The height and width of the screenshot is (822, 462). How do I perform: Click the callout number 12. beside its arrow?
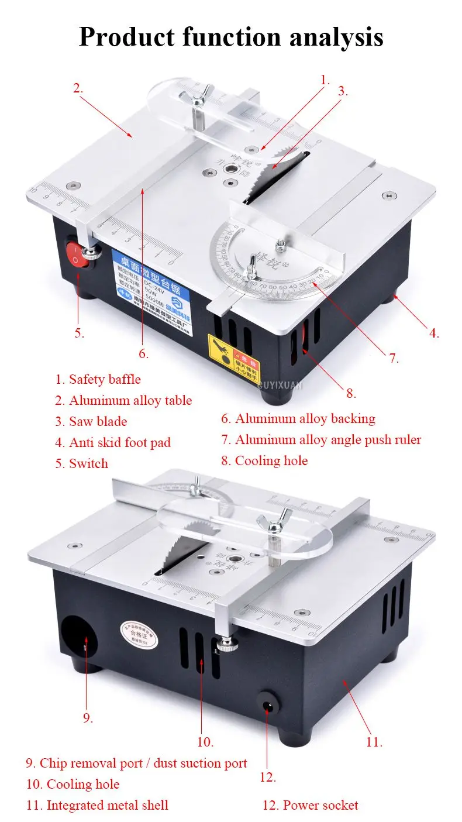(268, 777)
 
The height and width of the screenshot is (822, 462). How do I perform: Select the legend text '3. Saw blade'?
(91, 421)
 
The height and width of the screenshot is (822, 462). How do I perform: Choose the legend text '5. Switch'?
(82, 463)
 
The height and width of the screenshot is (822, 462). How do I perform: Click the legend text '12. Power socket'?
(310, 805)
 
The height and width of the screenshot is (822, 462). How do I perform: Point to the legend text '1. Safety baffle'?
(98, 379)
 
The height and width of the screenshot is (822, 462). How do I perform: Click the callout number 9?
(88, 717)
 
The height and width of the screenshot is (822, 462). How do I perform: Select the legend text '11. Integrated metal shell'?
(97, 805)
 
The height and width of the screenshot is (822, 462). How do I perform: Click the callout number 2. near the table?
(78, 89)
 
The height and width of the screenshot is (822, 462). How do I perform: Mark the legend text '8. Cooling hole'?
(264, 460)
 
